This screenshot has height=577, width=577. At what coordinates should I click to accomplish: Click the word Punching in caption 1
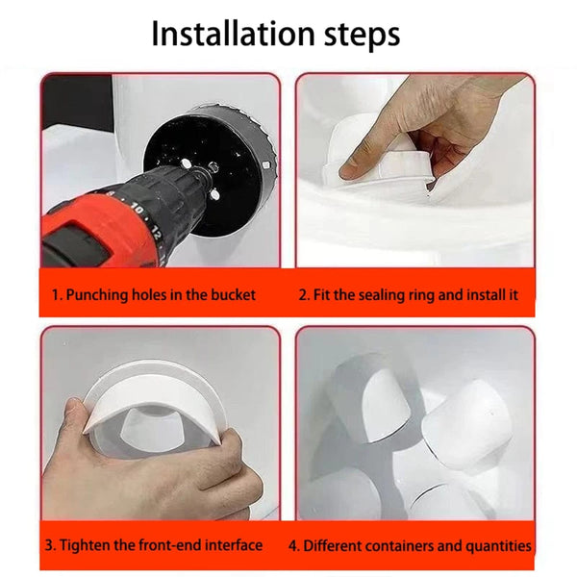96,295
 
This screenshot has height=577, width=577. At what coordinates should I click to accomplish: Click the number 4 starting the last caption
293,545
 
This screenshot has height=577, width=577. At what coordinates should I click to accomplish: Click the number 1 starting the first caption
56,295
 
